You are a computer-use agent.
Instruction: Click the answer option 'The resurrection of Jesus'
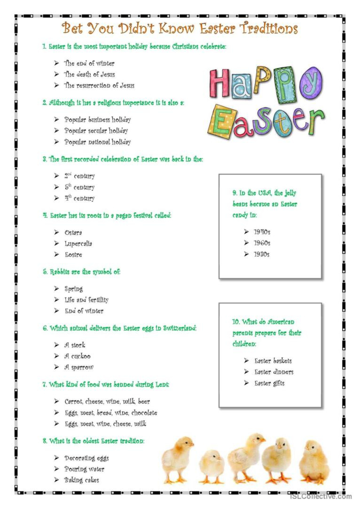tap(99, 85)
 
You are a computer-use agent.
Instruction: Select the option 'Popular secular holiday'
tap(96, 131)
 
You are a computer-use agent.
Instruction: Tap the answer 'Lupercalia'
tap(78, 244)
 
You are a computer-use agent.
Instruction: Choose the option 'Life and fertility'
tap(86, 300)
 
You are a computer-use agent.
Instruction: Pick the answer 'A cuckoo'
tap(78, 356)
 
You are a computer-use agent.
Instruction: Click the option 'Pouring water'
tap(85, 469)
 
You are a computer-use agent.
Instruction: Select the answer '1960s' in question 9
tap(262, 243)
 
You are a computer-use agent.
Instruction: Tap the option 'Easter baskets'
tap(273, 361)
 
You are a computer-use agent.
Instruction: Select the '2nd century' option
tap(79, 176)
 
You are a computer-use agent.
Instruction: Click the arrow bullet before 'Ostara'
tap(56, 232)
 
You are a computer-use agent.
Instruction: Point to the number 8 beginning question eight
tap(44, 441)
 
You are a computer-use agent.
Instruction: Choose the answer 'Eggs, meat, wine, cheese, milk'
tap(105, 424)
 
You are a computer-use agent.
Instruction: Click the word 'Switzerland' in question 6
tap(180, 328)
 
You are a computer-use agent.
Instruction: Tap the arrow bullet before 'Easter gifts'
tap(246, 383)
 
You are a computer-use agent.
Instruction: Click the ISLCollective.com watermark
tap(321, 496)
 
